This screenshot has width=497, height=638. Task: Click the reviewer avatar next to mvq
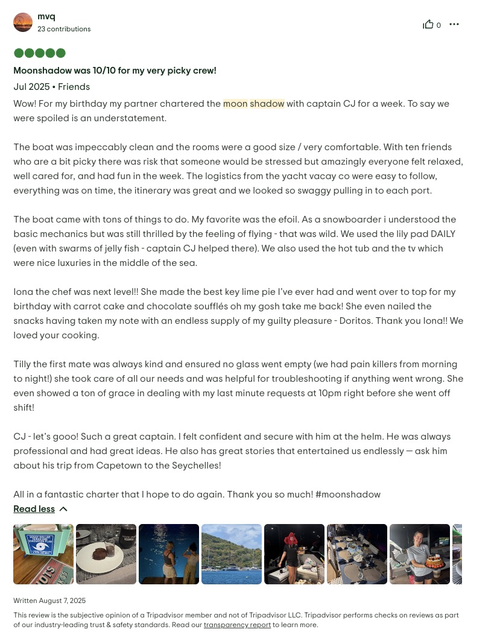tap(23, 22)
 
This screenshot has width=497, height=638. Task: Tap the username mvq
tap(46, 16)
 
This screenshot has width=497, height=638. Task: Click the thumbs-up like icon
tap(428, 24)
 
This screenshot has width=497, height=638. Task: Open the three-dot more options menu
tap(454, 24)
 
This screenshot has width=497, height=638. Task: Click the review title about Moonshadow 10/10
tap(115, 71)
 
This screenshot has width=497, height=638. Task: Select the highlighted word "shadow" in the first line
tap(267, 104)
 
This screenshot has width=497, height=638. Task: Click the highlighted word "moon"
tap(235, 104)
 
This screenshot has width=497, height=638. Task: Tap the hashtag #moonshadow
tap(348, 494)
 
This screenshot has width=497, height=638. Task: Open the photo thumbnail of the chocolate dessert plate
tap(106, 554)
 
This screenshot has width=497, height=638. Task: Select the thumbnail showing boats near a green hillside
tap(232, 554)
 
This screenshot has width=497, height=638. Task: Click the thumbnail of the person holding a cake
tap(420, 554)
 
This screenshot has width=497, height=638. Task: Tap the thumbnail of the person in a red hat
tap(294, 554)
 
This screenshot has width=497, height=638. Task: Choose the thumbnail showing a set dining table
tap(357, 554)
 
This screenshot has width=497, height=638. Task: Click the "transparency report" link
tap(237, 625)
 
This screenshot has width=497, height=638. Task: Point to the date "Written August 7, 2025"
tap(49, 601)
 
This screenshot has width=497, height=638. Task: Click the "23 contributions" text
tap(64, 29)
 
